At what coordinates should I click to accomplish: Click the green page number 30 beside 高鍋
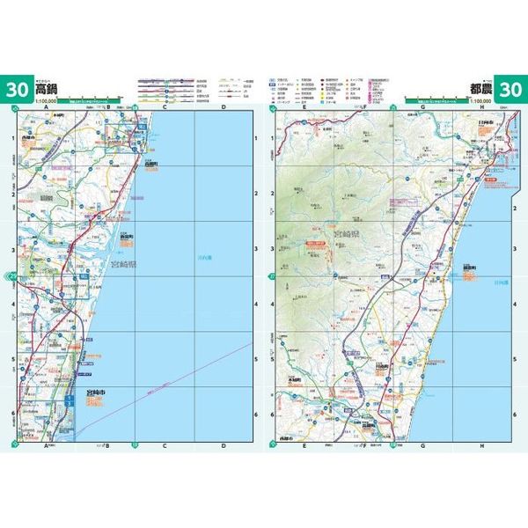tap(17, 89)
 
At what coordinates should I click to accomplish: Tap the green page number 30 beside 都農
tap(510, 89)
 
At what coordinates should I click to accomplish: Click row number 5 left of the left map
tap(11, 359)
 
